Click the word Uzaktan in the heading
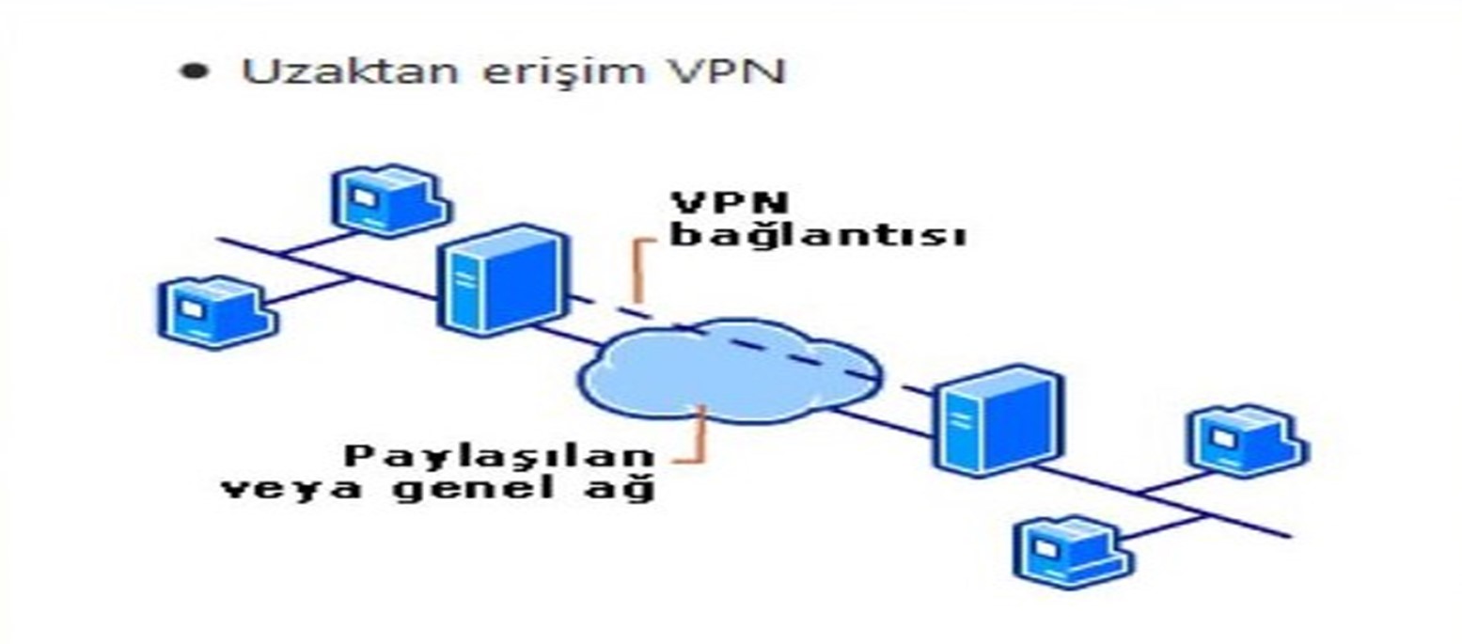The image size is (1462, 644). coord(351,71)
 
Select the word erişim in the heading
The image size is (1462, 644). coord(563,71)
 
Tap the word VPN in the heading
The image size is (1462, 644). coord(725,71)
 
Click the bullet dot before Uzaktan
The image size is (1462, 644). coord(194,71)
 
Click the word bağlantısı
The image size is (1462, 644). coord(819,235)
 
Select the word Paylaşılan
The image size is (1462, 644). coord(499,457)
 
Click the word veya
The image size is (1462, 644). coord(291,489)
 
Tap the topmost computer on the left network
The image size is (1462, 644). coord(390,199)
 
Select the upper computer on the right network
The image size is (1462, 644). coord(1249,440)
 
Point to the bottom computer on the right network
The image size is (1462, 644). coord(1074,552)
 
